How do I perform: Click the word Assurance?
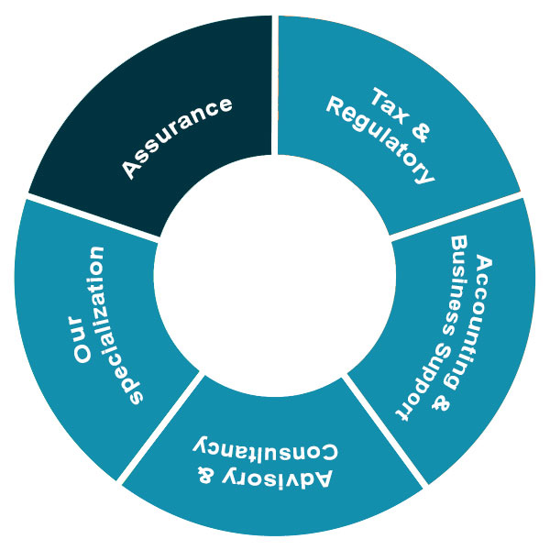point(177,137)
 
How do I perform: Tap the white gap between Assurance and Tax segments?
point(275,82)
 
